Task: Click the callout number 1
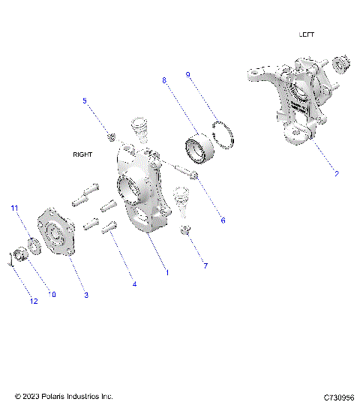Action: tap(166, 272)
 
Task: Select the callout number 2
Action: tap(336, 174)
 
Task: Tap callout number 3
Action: tap(86, 295)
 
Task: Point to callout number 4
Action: tap(134, 284)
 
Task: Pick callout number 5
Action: tap(85, 100)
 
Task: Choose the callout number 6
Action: tap(221, 220)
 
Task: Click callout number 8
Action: tap(164, 79)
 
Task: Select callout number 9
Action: tap(188, 74)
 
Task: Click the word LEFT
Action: tap(307, 34)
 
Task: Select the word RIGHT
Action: tap(82, 154)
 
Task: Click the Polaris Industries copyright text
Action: tap(64, 395)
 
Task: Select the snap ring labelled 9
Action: tap(223, 132)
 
